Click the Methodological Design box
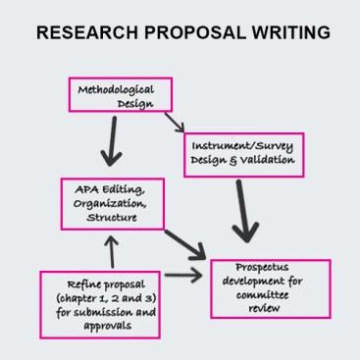coord(115,95)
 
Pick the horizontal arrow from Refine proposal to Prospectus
coord(183,279)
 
